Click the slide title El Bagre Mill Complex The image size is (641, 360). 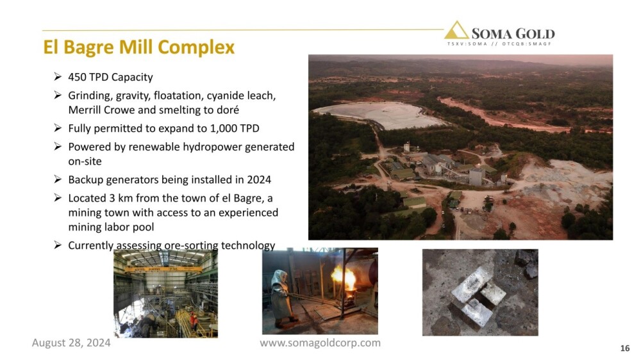point(138,47)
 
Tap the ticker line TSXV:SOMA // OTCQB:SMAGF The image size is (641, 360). point(499,44)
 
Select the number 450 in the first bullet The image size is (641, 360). point(76,77)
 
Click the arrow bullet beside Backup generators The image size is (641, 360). point(58,179)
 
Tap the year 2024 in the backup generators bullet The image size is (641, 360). point(259,180)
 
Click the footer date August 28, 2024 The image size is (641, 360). point(71,343)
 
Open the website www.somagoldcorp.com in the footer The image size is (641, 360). point(320,343)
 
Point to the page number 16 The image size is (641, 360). point(624,348)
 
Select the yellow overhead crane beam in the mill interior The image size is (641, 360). point(163,269)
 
